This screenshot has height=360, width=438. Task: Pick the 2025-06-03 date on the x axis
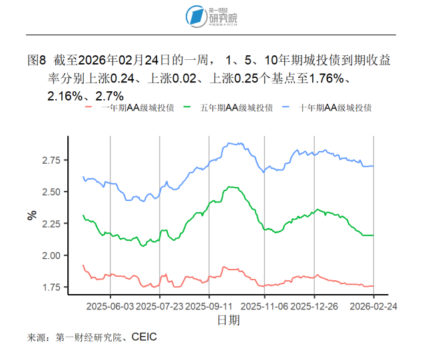tap(110, 307)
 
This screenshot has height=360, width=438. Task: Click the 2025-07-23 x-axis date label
tap(160, 307)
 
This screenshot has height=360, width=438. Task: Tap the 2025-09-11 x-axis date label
tap(209, 307)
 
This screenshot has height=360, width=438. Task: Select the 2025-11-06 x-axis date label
tap(264, 307)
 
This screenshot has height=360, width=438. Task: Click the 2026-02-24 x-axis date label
tap(373, 307)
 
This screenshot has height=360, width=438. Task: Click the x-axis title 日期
tap(228, 321)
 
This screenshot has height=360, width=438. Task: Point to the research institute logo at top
tap(212, 16)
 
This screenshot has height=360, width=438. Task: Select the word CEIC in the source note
tap(144, 337)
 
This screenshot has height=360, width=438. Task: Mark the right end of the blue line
tap(373, 166)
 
